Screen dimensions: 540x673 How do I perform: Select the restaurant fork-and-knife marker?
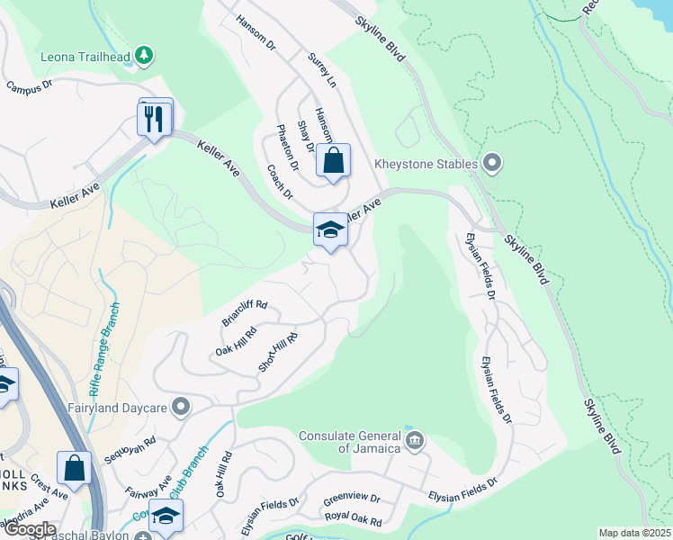coord(154,118)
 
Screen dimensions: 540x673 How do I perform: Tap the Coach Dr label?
coord(280,181)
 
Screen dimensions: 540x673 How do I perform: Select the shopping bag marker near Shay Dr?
coord(333,163)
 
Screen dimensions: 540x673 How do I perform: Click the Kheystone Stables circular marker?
coord(491,164)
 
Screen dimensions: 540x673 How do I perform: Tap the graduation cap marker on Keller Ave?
coord(330,230)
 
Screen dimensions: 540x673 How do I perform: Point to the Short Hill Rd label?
coord(277,352)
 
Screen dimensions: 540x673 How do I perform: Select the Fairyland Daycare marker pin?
coord(182,408)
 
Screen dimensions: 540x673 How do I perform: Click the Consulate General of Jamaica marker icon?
coord(414,440)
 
